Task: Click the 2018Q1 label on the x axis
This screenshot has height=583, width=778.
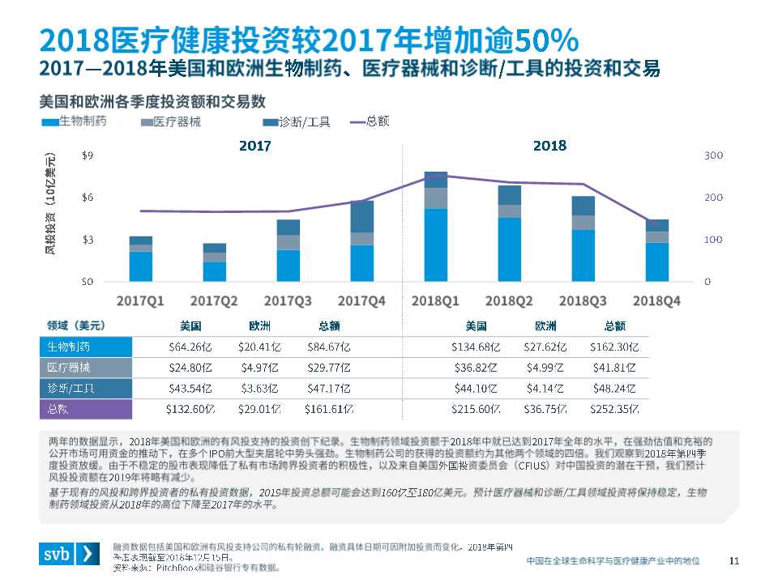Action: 435,300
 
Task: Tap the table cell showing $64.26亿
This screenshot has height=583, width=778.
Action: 184,347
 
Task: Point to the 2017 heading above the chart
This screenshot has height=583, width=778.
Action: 254,147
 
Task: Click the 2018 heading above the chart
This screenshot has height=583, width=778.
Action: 549,146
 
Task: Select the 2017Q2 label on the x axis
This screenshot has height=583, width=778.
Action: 214,300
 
